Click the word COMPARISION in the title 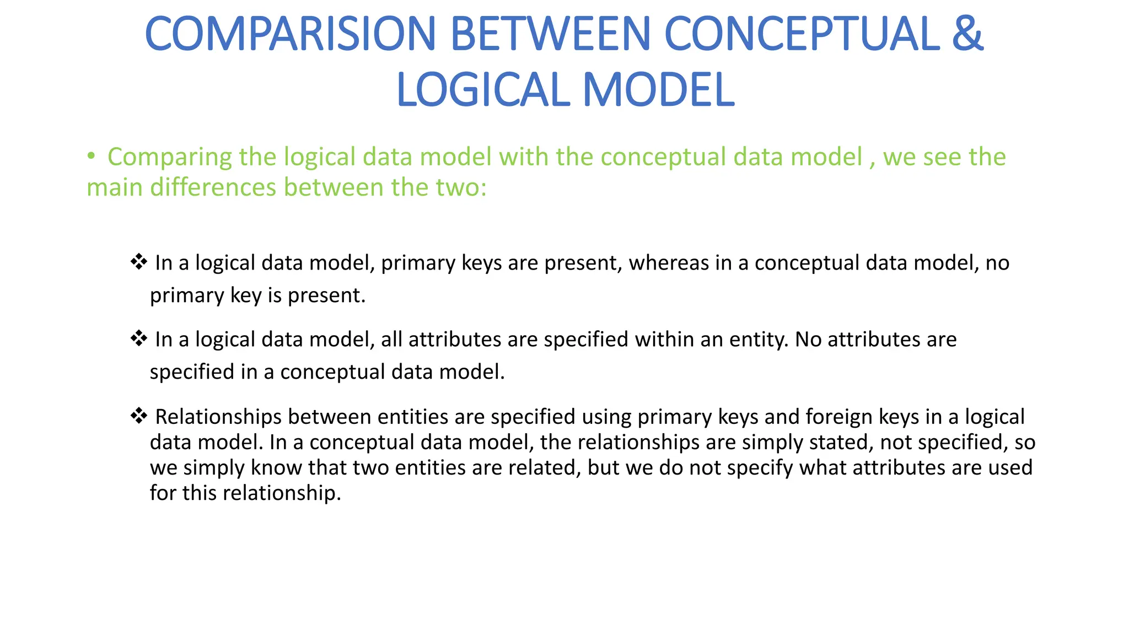pyautogui.click(x=291, y=34)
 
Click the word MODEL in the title pyautogui.click(x=659, y=90)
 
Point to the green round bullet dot pyautogui.click(x=91, y=157)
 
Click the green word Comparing pyautogui.click(x=170, y=158)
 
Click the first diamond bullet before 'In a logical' pyautogui.click(x=138, y=262)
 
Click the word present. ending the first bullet pyautogui.click(x=326, y=295)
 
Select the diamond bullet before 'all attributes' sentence pyautogui.click(x=138, y=338)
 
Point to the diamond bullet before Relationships pyautogui.click(x=138, y=416)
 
